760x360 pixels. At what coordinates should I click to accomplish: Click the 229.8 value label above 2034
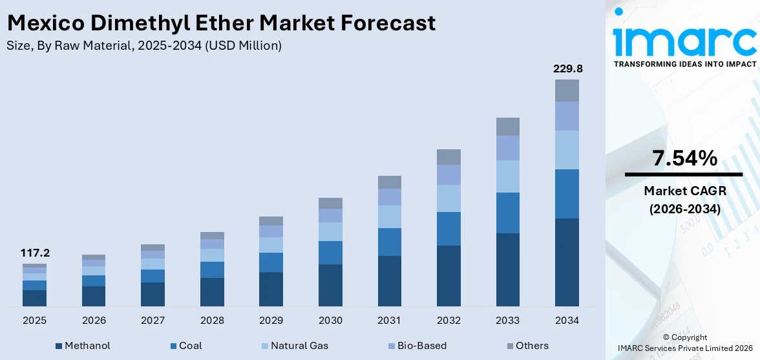coord(566,69)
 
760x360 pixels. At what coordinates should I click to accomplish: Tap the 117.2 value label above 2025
coord(34,253)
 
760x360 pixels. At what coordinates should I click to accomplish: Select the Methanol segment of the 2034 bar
coord(567,262)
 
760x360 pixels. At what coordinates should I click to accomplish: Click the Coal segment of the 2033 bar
coord(507,213)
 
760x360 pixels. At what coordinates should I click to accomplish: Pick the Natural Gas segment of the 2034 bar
coord(567,150)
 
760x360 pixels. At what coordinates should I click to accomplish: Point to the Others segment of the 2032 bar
coord(449,157)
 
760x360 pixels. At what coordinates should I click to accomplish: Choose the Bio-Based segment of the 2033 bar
coord(507,148)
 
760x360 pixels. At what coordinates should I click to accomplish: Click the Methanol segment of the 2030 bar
coord(330,285)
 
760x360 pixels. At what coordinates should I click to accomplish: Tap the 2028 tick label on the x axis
coord(212,321)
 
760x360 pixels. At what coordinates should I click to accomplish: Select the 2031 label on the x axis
coord(390,321)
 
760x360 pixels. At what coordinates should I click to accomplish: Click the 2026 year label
coord(94,321)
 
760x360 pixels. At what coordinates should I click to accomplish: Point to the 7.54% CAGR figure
coord(684,158)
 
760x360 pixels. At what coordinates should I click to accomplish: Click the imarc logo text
coord(684,40)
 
